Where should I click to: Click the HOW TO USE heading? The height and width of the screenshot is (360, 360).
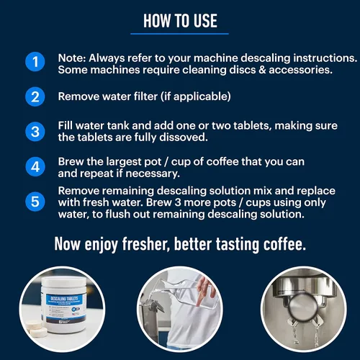180,20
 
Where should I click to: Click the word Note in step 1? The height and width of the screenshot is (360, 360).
71,56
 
